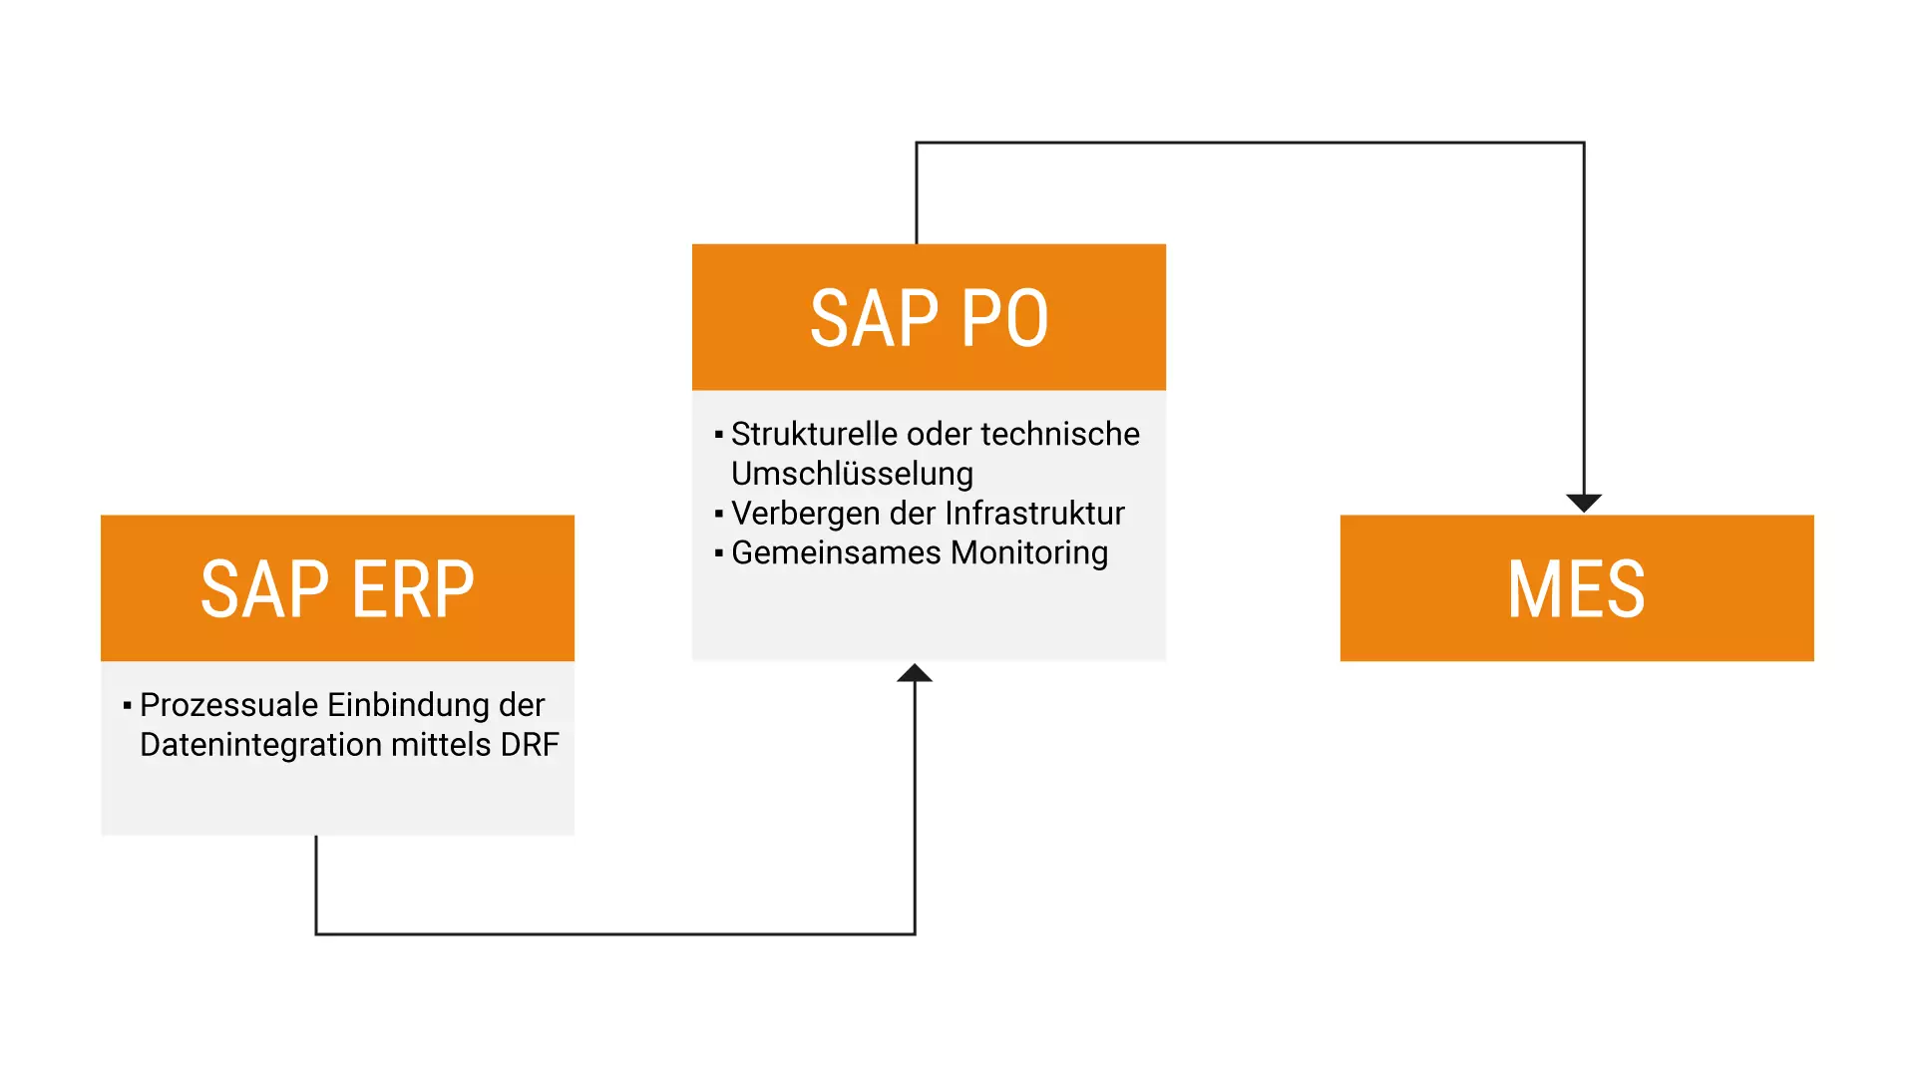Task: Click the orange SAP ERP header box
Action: tap(337, 587)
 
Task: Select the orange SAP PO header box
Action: tap(929, 317)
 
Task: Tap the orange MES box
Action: tap(1576, 587)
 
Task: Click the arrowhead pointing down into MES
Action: tap(1584, 503)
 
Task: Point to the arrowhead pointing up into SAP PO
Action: tap(915, 673)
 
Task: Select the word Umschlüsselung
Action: tap(852, 474)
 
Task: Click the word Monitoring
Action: tap(1029, 552)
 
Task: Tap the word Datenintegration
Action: tap(260, 745)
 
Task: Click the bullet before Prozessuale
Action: tap(127, 706)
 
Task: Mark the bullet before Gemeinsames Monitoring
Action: tap(718, 552)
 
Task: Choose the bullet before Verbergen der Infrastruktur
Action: tap(718, 514)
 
